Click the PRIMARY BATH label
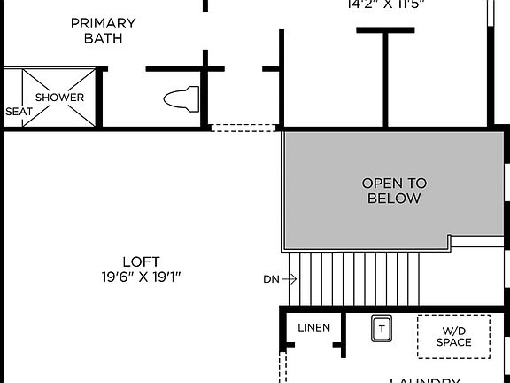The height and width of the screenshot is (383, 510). click(x=104, y=30)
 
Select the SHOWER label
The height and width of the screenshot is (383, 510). click(x=59, y=98)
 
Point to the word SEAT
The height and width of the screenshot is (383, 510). click(x=19, y=112)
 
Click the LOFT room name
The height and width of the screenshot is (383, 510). click(x=141, y=262)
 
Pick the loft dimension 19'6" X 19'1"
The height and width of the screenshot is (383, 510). click(x=141, y=277)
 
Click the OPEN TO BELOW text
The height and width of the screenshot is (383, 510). click(x=394, y=191)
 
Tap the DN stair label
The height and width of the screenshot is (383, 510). click(x=271, y=279)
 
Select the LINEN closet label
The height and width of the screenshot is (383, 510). click(x=313, y=328)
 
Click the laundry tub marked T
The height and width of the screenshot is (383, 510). click(x=382, y=328)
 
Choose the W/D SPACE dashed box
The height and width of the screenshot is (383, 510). click(x=453, y=337)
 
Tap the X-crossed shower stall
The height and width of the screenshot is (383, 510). click(x=58, y=98)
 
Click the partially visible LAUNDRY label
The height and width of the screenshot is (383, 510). click(x=425, y=379)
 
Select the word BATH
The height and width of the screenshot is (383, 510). click(x=104, y=38)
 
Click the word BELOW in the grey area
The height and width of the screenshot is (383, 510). click(x=394, y=199)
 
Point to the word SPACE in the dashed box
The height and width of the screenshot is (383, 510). click(x=453, y=342)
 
